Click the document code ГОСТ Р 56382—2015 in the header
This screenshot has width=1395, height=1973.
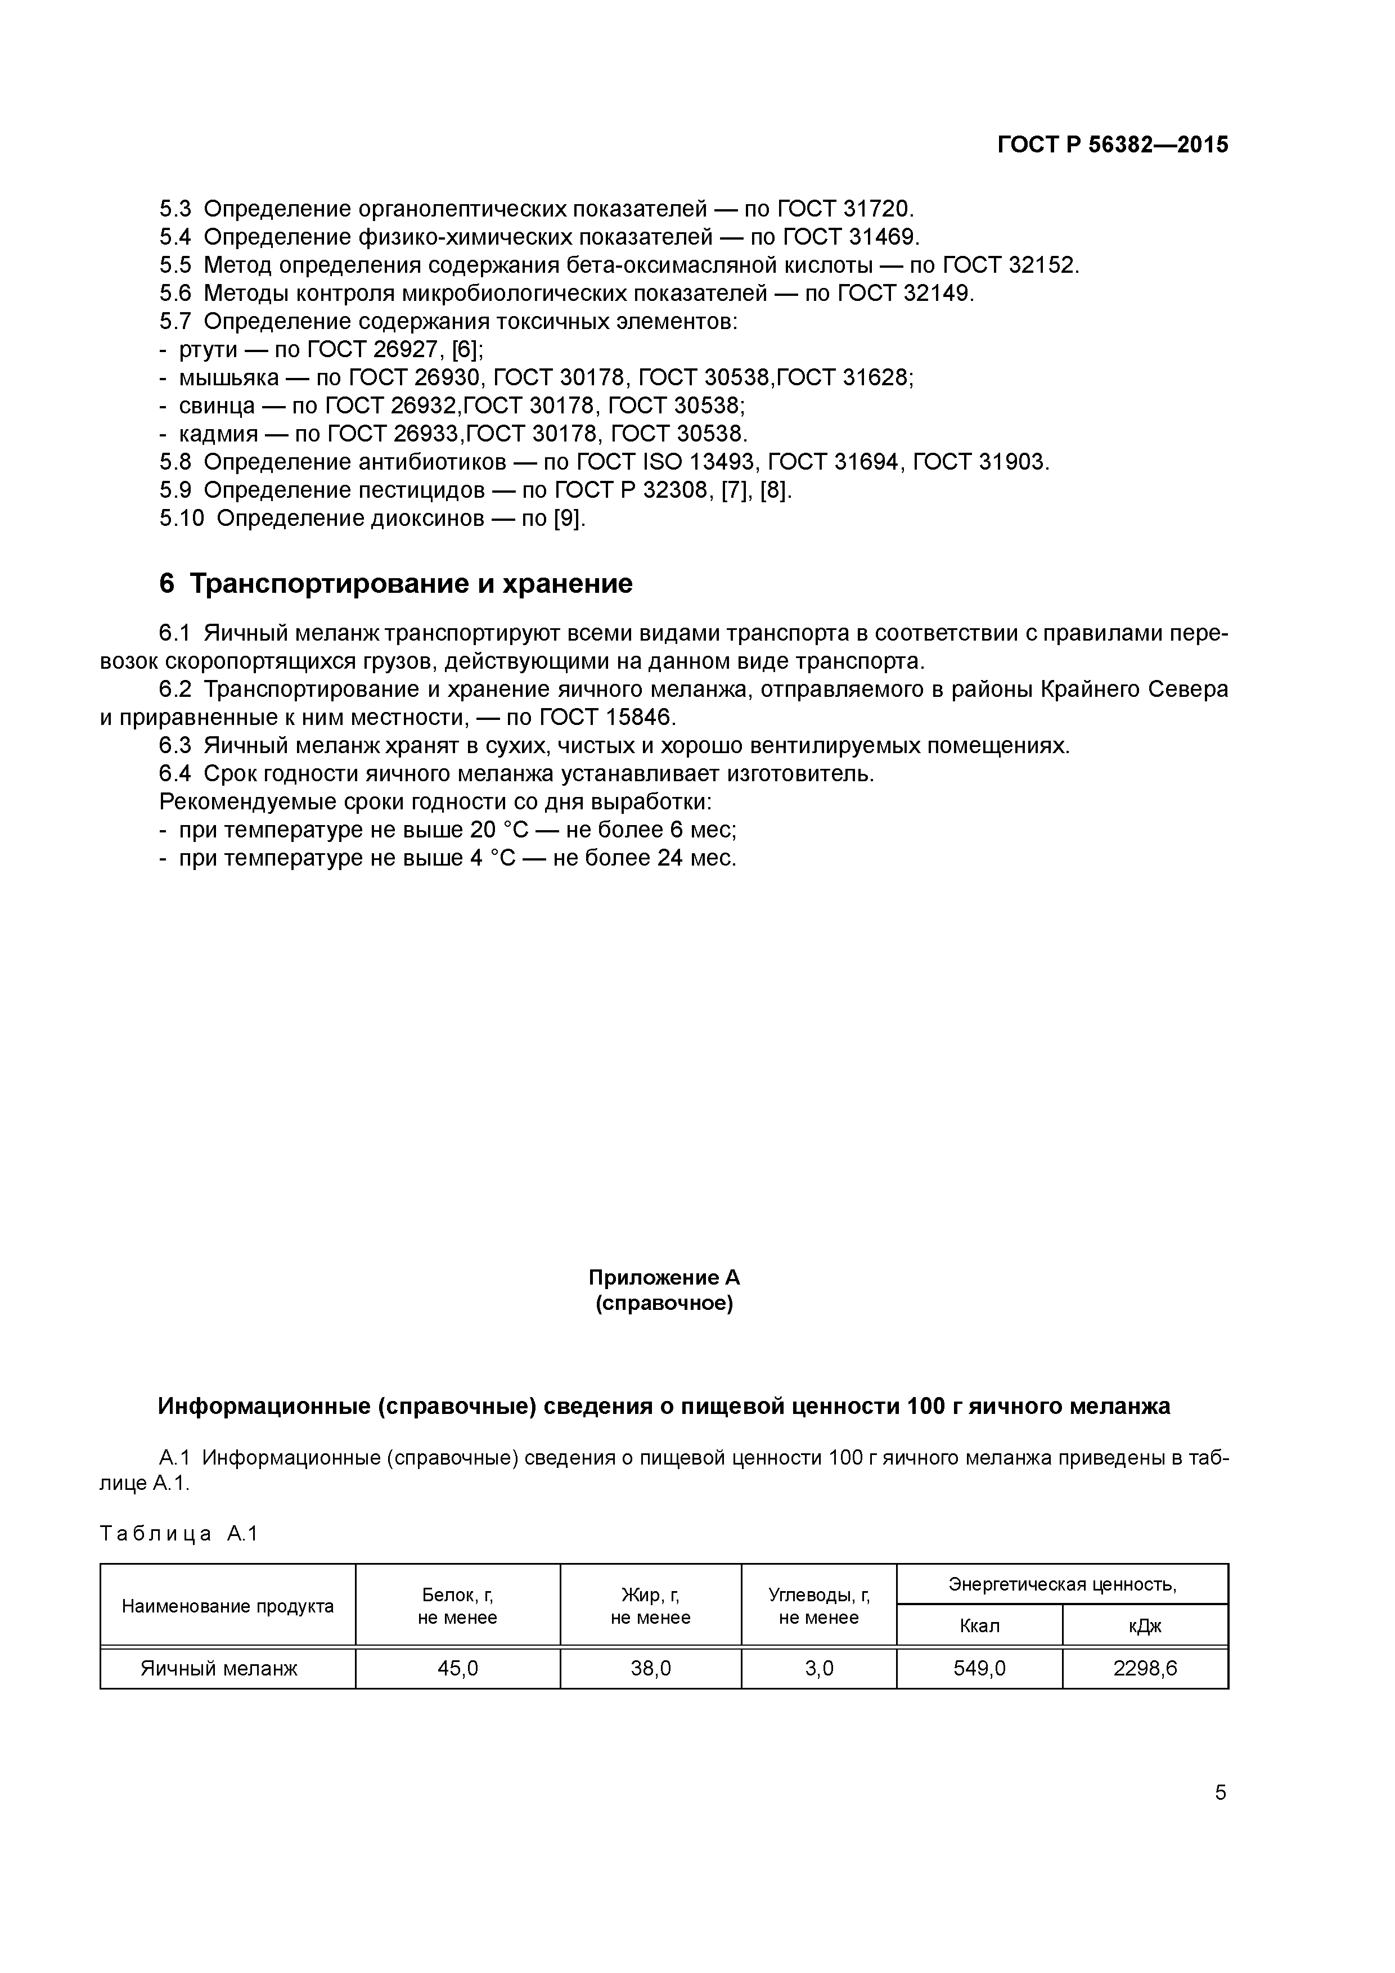[1112, 145]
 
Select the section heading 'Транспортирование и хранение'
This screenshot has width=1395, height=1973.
[410, 583]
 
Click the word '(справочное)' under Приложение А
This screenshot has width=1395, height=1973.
[664, 1304]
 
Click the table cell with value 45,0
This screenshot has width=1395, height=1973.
[457, 1669]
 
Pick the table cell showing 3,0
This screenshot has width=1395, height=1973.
[818, 1669]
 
